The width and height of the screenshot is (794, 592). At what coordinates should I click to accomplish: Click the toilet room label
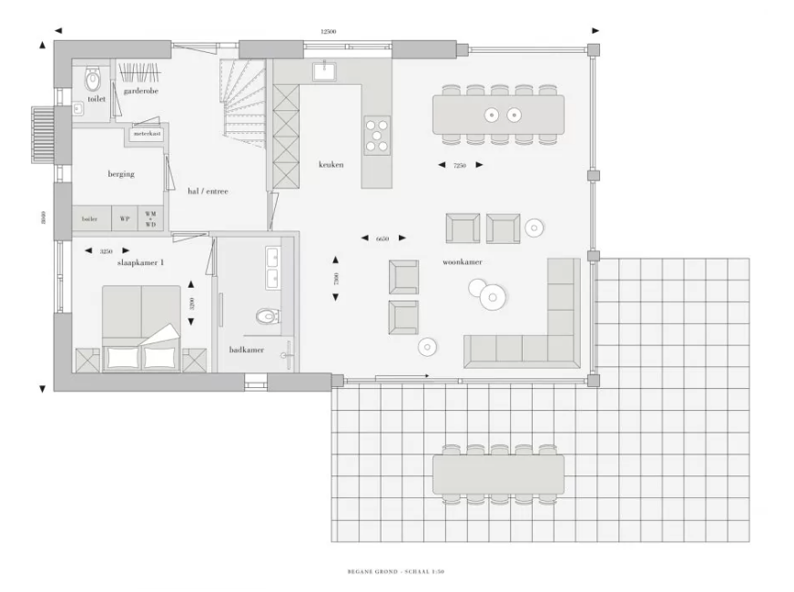[97, 98]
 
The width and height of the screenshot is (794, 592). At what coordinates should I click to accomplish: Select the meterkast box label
[147, 134]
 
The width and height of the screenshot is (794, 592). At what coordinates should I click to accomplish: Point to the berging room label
[121, 173]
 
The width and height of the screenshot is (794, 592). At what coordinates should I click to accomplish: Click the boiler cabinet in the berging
[89, 219]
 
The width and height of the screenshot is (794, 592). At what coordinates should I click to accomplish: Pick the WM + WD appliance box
[151, 219]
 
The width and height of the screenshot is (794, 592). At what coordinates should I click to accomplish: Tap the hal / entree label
[208, 191]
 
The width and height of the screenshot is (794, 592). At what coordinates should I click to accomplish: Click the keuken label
[331, 165]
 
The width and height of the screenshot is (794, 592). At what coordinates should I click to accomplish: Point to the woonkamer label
[462, 262]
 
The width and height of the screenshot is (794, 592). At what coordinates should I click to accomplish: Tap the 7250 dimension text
[460, 165]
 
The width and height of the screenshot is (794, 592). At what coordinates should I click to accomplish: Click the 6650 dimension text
[382, 239]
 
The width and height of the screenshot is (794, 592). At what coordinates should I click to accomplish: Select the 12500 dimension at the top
[329, 31]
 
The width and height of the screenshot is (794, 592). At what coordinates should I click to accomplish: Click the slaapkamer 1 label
[140, 262]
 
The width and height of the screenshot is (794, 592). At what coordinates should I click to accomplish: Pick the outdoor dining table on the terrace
[498, 474]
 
